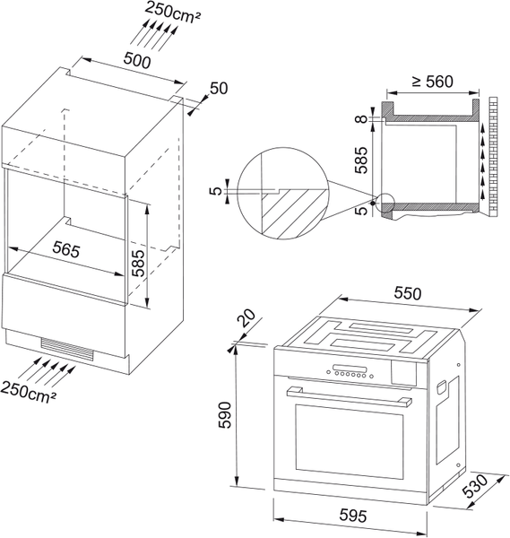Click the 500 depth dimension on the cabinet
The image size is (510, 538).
click(137, 60)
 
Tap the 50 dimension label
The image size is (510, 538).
click(219, 88)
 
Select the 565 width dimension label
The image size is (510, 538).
click(66, 249)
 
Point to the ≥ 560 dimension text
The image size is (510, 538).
click(433, 82)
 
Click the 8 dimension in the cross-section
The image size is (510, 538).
click(361, 118)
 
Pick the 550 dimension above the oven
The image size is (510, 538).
click(408, 293)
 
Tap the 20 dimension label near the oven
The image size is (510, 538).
click(247, 317)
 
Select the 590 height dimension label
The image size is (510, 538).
click(225, 415)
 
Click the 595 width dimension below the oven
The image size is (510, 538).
click(353, 516)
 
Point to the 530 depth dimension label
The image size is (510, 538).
click(475, 486)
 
